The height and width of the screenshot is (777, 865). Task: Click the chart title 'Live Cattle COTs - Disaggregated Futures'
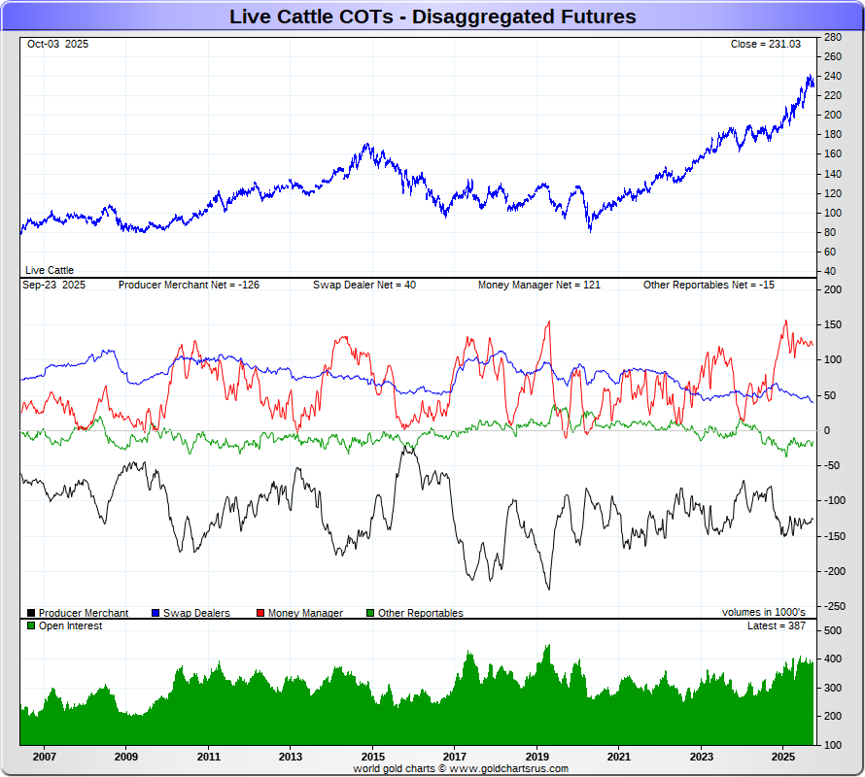(x=432, y=17)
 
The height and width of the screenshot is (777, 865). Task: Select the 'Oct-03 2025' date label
(x=57, y=45)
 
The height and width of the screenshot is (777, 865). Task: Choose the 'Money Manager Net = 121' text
(x=538, y=286)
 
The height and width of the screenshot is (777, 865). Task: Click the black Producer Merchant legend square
(x=32, y=613)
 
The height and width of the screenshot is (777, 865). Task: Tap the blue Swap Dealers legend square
(x=156, y=613)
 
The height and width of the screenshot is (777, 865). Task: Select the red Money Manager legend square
(x=261, y=613)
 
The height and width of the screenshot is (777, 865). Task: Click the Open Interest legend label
(x=70, y=626)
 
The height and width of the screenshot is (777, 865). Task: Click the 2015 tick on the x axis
(x=372, y=756)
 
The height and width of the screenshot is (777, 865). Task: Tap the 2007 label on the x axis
(x=43, y=756)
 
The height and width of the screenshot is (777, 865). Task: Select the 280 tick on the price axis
(x=832, y=37)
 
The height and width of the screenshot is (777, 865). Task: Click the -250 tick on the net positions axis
(x=832, y=606)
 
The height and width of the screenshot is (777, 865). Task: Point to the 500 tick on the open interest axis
(x=832, y=630)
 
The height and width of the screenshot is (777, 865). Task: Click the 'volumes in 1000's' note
(x=763, y=613)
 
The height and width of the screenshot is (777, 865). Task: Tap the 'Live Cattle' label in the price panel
(x=50, y=270)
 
